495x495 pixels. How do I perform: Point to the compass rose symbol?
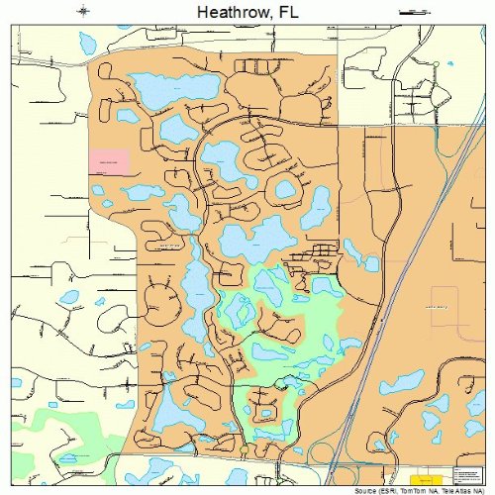[82, 11]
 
